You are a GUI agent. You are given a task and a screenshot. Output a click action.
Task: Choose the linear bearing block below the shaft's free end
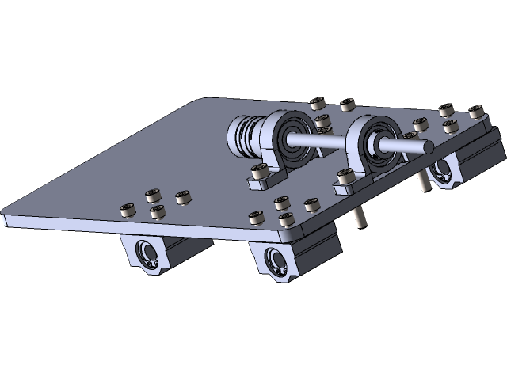(x=448, y=170)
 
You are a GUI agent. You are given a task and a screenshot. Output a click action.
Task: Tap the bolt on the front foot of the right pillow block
(x=345, y=177)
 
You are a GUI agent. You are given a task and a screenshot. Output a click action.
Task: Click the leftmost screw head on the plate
(x=125, y=211)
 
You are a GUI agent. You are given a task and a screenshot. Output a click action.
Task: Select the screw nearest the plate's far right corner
(x=476, y=113)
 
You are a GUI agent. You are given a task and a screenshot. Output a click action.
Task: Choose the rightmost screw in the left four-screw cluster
(x=183, y=196)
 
